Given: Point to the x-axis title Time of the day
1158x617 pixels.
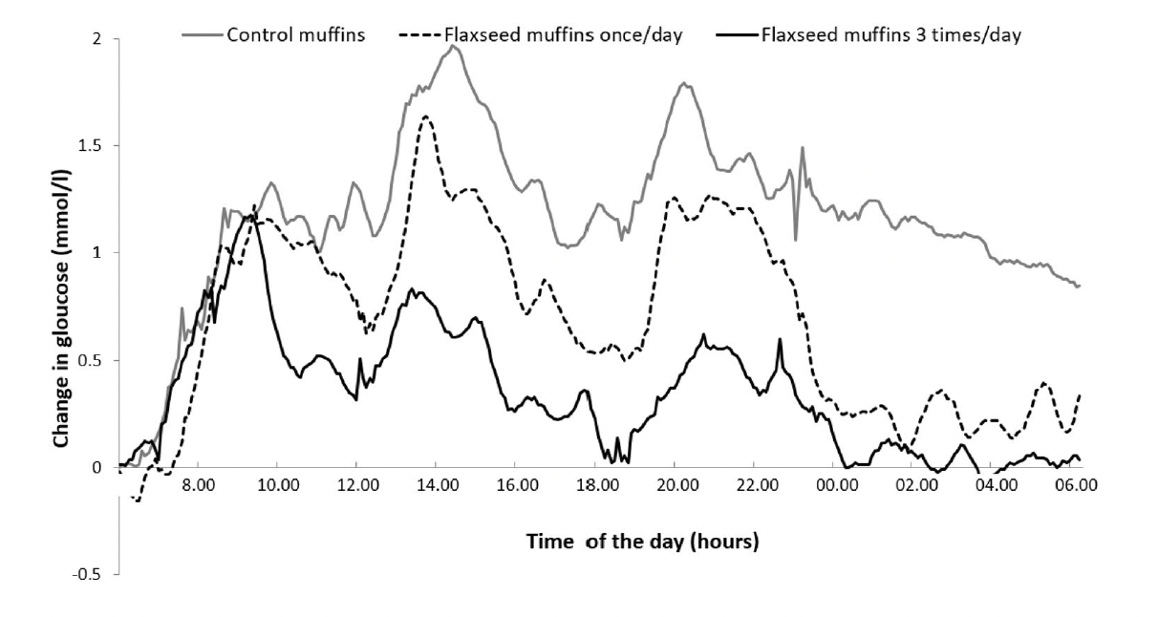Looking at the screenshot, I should (642, 542).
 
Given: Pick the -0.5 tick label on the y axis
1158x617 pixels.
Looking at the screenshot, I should (91, 574).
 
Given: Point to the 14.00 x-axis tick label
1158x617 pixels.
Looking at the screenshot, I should (436, 485).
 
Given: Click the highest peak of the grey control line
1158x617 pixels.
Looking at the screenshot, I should (456, 46).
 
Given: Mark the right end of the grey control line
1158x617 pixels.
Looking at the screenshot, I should (1079, 286).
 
